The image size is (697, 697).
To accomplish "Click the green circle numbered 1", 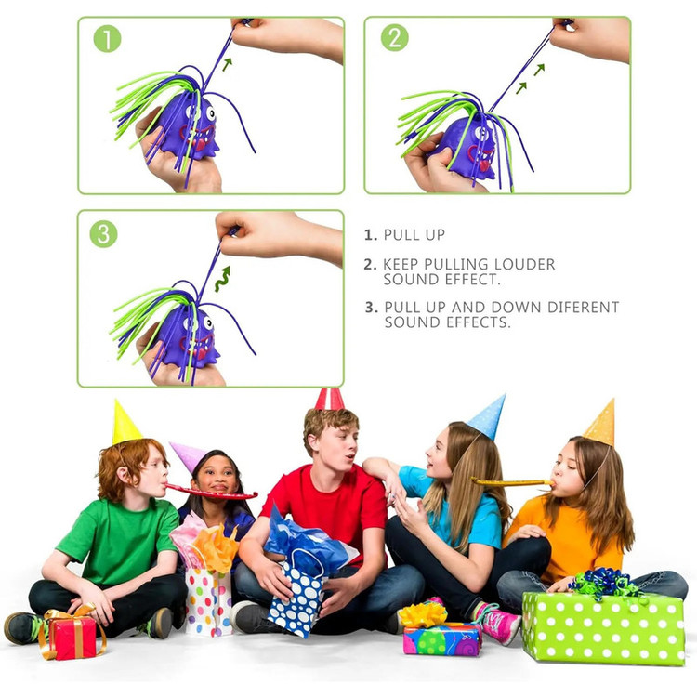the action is (x=107, y=39).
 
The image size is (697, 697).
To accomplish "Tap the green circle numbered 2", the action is (x=395, y=37).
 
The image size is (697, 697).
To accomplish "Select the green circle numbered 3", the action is (x=103, y=234).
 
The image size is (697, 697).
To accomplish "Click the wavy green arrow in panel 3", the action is (x=223, y=279).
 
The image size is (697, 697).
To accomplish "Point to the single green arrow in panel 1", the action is (x=227, y=64).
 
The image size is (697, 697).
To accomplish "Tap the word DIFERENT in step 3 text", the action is (x=584, y=308).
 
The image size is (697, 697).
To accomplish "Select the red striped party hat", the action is (x=329, y=399).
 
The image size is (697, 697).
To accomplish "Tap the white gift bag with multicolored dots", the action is (x=208, y=602).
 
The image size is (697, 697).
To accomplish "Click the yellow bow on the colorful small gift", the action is (x=422, y=615).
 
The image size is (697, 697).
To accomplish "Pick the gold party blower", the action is (x=512, y=481).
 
